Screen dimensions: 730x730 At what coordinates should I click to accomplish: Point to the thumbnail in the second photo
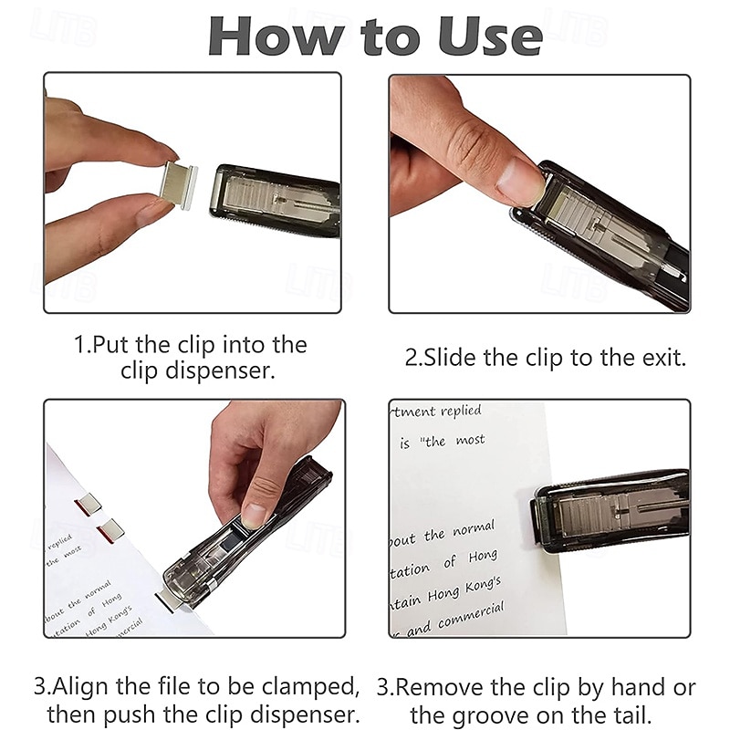[521, 181]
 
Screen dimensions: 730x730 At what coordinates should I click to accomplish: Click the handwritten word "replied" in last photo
[461, 412]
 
